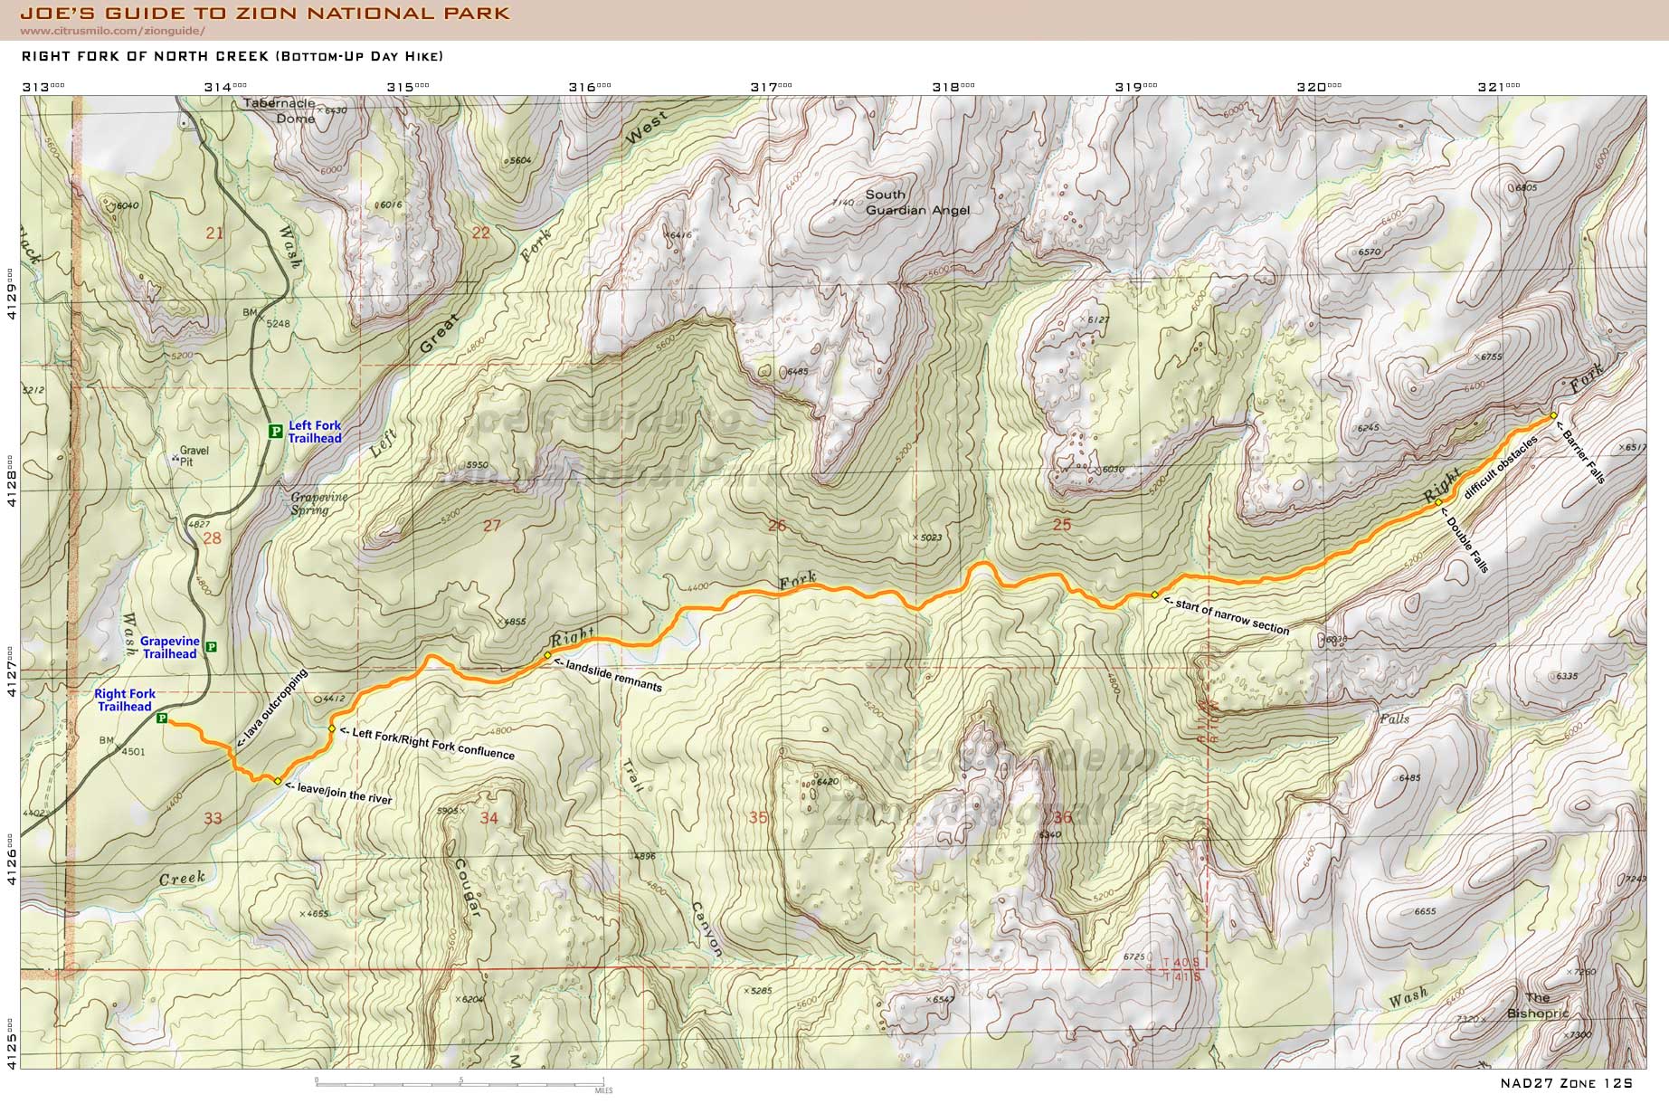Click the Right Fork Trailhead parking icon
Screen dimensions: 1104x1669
click(162, 719)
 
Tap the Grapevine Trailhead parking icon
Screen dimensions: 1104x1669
click(212, 647)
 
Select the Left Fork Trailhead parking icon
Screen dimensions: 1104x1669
click(275, 432)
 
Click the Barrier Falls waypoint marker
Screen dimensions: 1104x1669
click(1553, 416)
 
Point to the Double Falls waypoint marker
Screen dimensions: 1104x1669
click(1437, 502)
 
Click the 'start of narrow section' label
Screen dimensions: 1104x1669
click(1226, 616)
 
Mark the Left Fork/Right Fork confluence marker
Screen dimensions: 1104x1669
click(332, 728)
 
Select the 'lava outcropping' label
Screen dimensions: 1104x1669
click(272, 708)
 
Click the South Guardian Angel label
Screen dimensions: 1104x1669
click(916, 202)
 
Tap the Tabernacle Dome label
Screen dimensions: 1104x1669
click(279, 110)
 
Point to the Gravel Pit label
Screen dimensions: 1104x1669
click(194, 455)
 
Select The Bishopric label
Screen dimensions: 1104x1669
click(1537, 1006)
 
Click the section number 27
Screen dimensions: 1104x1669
click(491, 526)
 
